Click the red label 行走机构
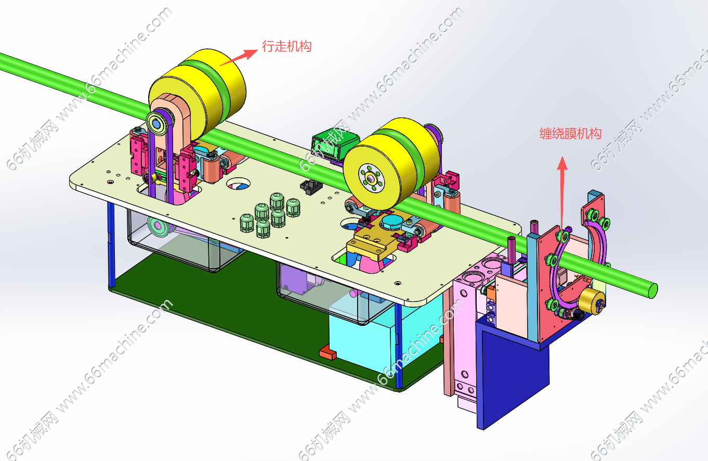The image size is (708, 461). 286,46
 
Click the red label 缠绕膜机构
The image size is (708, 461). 571,134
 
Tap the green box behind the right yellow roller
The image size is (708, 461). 335,146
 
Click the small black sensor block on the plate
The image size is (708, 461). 311,187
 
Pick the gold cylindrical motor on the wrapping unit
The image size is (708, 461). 592,301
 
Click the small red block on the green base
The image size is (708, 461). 328,353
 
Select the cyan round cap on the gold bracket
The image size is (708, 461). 392,222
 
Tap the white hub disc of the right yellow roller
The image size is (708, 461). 371,178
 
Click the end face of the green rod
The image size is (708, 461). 653,291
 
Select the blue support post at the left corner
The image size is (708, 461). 111,245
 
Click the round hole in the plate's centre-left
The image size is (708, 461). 238,183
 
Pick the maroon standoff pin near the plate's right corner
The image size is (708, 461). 534,228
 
